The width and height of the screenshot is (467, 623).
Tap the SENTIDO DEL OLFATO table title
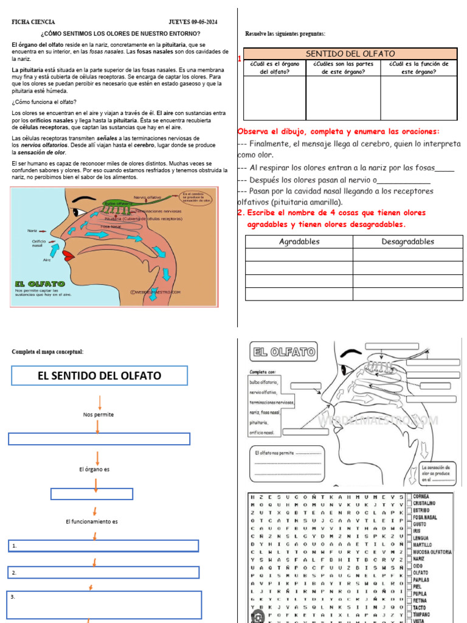point(350,54)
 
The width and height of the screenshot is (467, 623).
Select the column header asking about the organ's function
point(419,68)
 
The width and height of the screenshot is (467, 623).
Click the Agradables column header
point(299,242)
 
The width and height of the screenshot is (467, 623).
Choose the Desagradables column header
point(407,242)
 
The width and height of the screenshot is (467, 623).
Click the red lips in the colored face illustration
point(67,254)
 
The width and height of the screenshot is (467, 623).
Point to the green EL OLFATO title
point(40,284)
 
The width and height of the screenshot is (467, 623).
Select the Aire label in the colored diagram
point(47,260)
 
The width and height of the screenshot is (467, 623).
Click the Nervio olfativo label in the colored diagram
point(147,197)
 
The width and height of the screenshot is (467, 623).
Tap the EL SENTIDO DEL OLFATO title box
point(99,376)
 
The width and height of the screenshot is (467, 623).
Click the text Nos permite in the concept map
point(99,414)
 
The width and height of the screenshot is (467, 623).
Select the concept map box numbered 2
point(103,573)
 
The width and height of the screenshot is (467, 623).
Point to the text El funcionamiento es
point(91,521)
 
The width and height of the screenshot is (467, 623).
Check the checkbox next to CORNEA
point(409,496)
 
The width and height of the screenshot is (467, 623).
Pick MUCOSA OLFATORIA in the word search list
point(432,552)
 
